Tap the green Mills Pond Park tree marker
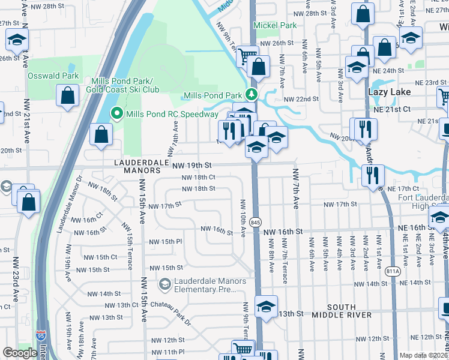click(x=252, y=95)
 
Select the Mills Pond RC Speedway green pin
click(x=116, y=114)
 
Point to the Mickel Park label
click(x=275, y=26)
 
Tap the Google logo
click(x=19, y=353)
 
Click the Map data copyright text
click(x=423, y=355)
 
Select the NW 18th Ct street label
click(x=198, y=178)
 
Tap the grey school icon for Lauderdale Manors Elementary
click(x=164, y=282)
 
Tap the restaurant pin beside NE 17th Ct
click(x=373, y=174)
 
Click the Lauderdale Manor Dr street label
click(x=69, y=204)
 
